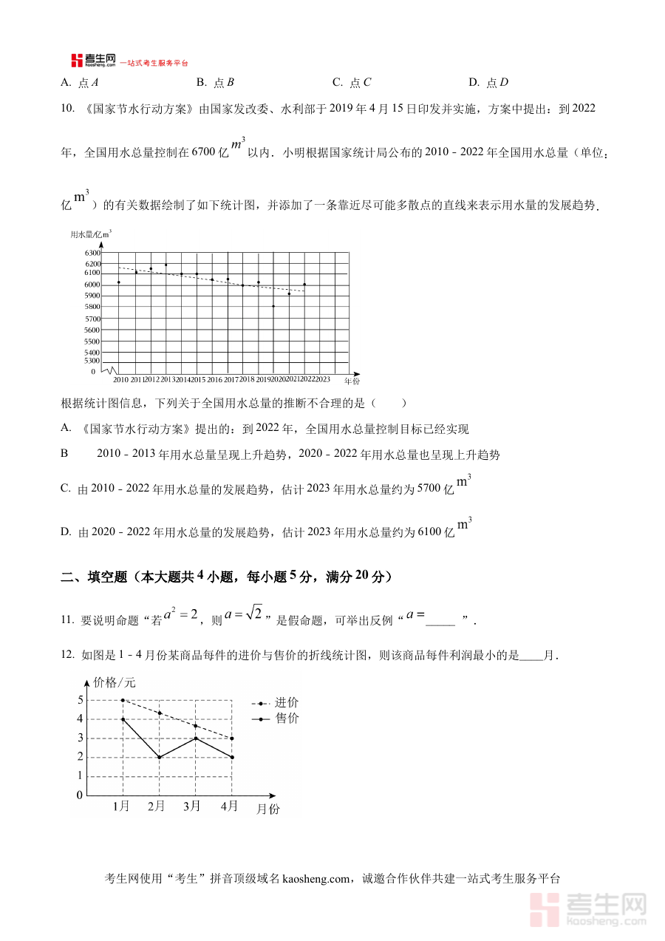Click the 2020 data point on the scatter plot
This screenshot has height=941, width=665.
pos(273,306)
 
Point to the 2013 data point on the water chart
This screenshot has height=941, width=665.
pos(166,265)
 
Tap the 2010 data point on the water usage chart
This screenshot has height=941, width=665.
pos(119,282)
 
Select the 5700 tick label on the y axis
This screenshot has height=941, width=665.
pos(92,318)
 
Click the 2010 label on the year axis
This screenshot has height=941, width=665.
pos(120,379)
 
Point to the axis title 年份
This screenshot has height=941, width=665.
pos(352,381)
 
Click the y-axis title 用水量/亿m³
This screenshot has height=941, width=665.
pos(90,234)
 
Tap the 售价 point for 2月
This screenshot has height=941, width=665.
pos(159,757)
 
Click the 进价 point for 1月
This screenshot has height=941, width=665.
pos(123,700)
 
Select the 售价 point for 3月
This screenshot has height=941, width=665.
pos(195,738)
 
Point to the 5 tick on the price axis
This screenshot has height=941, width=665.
pos(80,700)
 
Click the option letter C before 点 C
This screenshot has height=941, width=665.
pos(337,82)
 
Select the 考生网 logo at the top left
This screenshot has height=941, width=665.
pos(93,60)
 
